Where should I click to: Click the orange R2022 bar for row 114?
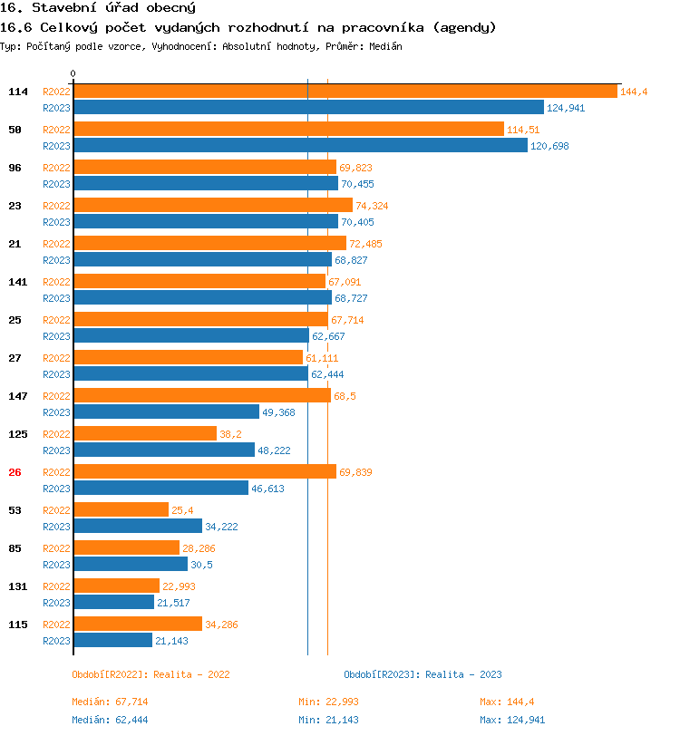(345, 91)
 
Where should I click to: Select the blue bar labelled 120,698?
(300, 145)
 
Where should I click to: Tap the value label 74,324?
(372, 206)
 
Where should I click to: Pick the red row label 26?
(15, 471)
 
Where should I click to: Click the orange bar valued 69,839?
(204, 471)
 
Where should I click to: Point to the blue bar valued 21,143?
(112, 640)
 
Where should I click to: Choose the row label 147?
(18, 395)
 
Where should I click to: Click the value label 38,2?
(230, 434)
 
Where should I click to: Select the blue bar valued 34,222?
(137, 526)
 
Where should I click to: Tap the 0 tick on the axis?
(73, 73)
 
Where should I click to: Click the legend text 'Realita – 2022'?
(191, 674)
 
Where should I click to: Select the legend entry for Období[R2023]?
(423, 674)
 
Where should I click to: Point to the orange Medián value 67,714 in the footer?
(132, 702)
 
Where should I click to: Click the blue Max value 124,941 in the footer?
(525, 720)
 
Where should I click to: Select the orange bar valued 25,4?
(121, 509)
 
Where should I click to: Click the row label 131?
(18, 586)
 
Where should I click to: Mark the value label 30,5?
(201, 565)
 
